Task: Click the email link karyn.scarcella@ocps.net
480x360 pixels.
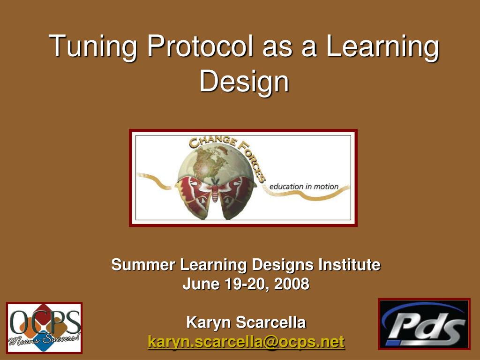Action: tap(246, 342)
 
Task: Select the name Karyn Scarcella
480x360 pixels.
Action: tap(246, 322)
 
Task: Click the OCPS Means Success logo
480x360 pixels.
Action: tap(44, 328)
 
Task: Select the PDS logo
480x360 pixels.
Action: tap(424, 324)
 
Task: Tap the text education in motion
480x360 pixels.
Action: tap(304, 187)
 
